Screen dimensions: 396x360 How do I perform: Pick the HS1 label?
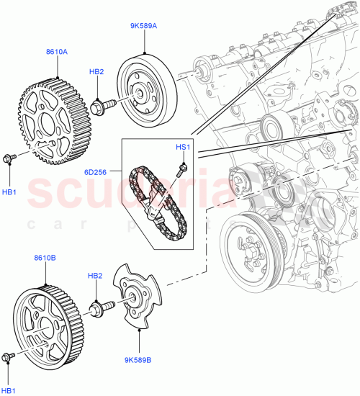click(183, 147)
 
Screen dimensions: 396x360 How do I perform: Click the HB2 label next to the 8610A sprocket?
click(96, 72)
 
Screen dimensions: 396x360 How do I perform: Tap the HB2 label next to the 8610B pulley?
click(96, 276)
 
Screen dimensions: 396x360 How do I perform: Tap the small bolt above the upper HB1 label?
click(9, 158)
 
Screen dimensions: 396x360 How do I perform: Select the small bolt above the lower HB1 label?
click(9, 356)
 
